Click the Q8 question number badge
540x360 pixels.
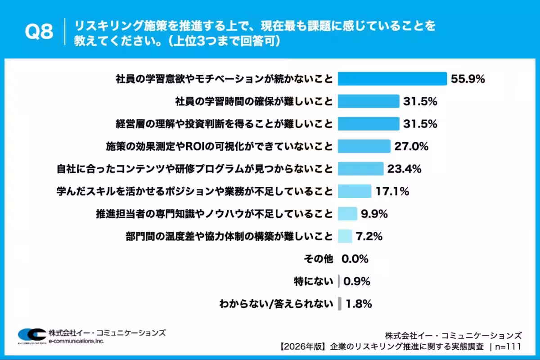(x=39, y=32)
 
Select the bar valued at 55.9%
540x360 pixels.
(x=392, y=79)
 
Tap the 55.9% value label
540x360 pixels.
(x=468, y=79)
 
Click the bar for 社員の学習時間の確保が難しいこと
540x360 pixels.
(x=369, y=101)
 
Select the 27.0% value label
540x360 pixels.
(x=411, y=146)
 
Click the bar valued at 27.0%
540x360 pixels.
(x=364, y=146)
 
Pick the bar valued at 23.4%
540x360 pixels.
(x=360, y=169)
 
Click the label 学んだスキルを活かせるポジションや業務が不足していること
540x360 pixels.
(x=195, y=191)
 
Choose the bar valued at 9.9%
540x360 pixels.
(x=347, y=214)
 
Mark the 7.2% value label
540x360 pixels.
(x=369, y=236)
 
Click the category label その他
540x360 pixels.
(x=319, y=259)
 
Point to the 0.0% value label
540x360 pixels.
(x=355, y=259)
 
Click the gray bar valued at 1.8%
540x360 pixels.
(x=340, y=304)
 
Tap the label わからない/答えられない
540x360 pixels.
(x=276, y=304)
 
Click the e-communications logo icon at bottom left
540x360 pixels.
(x=31, y=335)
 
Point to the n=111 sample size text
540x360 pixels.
(x=508, y=346)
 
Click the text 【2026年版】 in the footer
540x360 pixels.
(x=303, y=346)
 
